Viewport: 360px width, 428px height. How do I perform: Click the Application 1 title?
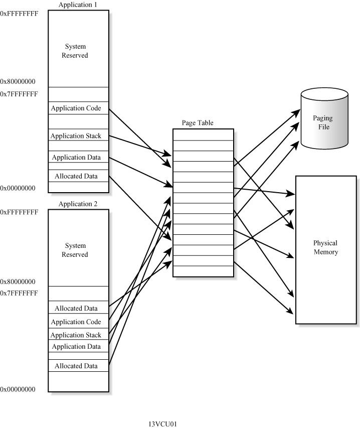point(78,5)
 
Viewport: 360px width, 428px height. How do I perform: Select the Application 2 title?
point(78,204)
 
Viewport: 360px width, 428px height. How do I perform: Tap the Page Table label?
point(197,123)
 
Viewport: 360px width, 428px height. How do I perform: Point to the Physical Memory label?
point(325,248)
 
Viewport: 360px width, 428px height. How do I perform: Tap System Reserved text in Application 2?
point(76,250)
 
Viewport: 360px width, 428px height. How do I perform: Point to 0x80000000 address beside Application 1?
point(18,81)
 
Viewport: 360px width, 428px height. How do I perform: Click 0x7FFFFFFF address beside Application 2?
point(19,293)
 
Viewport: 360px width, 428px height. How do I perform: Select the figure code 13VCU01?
point(162,424)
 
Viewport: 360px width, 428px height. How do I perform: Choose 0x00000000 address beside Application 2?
point(18,389)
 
